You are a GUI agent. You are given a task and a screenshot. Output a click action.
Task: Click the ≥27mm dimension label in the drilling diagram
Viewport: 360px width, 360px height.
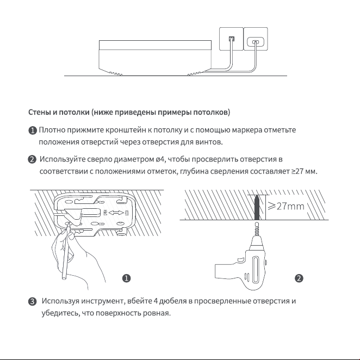(x=286, y=206)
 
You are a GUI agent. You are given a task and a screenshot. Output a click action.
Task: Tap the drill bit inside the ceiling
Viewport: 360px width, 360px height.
(x=257, y=207)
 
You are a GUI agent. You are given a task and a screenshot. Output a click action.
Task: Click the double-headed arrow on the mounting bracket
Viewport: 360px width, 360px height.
(x=116, y=213)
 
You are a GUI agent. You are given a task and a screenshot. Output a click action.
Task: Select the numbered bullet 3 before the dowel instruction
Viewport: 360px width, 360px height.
(x=33, y=301)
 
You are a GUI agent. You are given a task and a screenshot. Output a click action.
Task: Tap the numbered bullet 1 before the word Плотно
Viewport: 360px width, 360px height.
(x=33, y=131)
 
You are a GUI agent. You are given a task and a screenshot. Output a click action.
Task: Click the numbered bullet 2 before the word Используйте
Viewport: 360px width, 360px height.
(x=32, y=159)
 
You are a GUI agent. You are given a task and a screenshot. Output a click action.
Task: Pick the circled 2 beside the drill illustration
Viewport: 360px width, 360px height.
(x=299, y=278)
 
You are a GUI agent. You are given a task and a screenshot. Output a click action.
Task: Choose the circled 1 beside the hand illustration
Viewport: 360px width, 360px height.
(x=127, y=278)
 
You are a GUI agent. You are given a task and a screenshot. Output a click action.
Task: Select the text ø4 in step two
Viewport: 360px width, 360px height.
(x=159, y=159)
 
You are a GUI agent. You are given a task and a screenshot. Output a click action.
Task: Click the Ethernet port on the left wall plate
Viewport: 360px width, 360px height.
(x=232, y=39)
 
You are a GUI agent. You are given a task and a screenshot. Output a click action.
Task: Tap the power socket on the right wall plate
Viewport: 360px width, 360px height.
(x=255, y=42)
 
